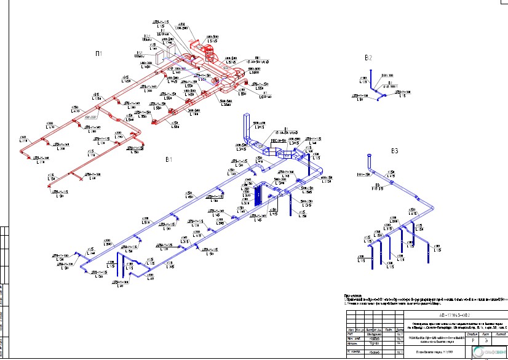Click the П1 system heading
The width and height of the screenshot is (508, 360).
tap(98, 54)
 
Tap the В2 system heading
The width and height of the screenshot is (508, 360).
tap(368, 58)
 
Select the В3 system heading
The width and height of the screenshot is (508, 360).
tap(395, 151)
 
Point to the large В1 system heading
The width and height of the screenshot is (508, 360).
tap(169, 159)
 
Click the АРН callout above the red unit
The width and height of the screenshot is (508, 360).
tap(181, 26)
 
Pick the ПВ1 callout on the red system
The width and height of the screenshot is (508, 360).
tap(258, 58)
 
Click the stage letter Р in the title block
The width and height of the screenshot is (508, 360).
tap(473, 339)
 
